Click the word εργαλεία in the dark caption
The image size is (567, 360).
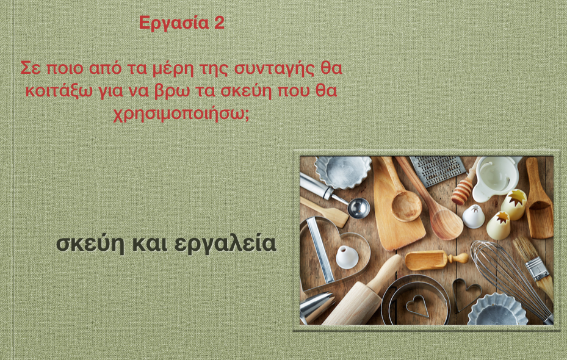(225, 244)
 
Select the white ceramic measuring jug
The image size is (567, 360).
(496, 178)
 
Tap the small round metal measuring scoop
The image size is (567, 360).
(359, 207)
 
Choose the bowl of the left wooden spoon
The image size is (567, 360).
(406, 206)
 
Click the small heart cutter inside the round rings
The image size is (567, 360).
(417, 306)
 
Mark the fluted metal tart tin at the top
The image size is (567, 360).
(342, 171)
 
